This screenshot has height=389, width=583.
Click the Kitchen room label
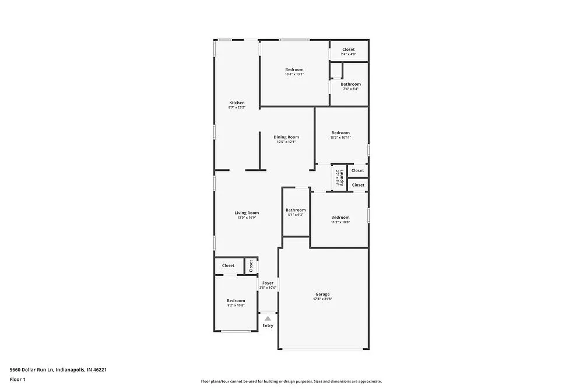237,103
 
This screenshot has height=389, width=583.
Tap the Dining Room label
286,137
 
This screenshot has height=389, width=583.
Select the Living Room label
247,213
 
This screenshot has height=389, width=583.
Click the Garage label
322,295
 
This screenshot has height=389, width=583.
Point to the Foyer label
268,283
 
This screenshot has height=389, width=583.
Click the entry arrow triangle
268,318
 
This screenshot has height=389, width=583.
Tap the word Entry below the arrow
268,325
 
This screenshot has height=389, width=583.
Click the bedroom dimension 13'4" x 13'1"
294,75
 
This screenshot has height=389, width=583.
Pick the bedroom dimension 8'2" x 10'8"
236,305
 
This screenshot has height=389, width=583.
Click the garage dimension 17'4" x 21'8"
322,299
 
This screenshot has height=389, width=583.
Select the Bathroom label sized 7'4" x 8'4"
350,84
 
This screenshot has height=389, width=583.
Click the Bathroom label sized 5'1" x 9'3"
296,210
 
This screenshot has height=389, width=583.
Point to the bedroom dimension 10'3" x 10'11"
340,137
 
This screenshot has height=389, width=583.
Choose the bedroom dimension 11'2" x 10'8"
340,222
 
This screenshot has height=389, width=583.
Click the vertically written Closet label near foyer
251,266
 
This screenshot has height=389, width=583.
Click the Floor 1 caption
17,379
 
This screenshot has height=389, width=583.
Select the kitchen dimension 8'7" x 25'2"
237,107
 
